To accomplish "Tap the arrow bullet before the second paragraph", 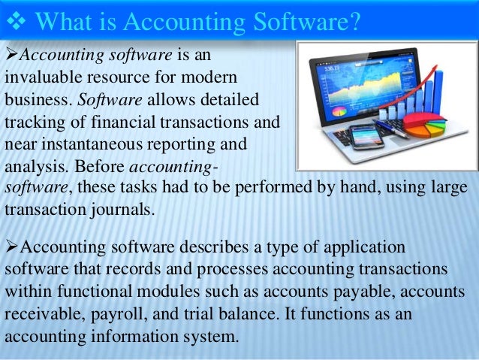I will [11, 248].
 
